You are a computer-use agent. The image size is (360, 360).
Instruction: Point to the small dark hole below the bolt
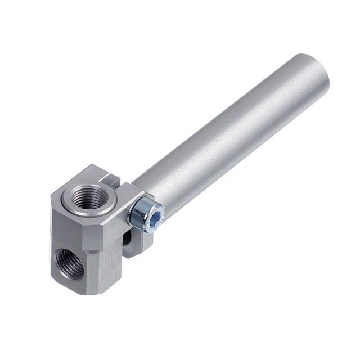coord(128,238)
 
